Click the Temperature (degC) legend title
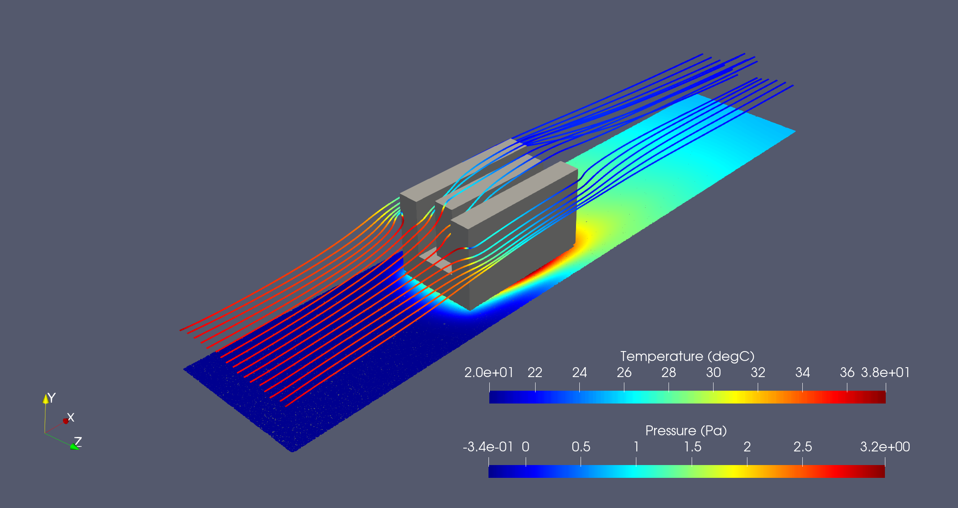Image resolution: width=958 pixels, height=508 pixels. coord(687,356)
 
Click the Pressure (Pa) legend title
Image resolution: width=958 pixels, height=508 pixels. coord(686,431)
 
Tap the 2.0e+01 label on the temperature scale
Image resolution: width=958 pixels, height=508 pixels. coord(489,373)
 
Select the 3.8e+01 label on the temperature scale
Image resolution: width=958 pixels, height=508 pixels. coord(885,373)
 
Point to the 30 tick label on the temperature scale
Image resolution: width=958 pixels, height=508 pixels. coord(713,373)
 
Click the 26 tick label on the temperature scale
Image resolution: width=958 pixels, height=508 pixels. coord(624,373)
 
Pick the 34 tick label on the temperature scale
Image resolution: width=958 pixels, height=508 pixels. coord(802,373)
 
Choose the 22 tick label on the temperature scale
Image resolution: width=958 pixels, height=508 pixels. coord(535,373)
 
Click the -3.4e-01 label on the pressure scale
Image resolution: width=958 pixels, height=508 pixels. coord(488,447)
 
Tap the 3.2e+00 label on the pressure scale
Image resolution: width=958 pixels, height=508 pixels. coord(885,447)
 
